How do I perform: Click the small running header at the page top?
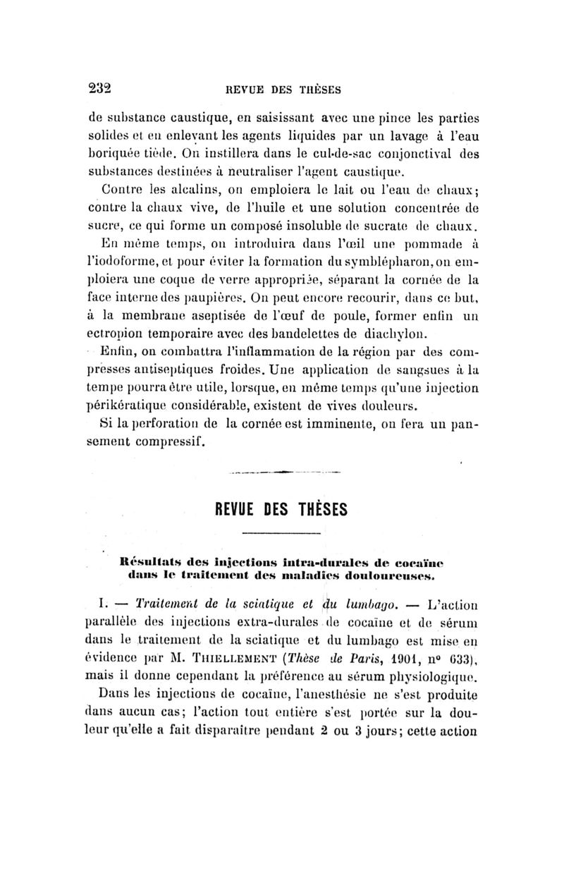(283, 89)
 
